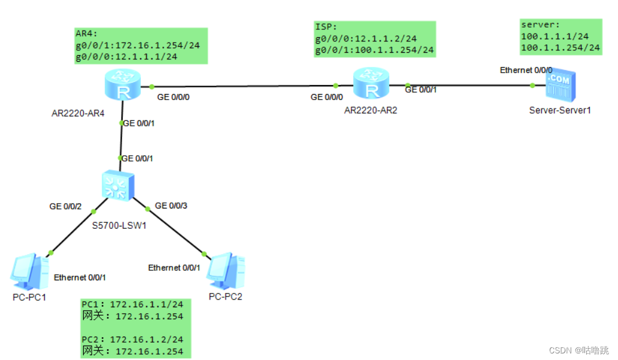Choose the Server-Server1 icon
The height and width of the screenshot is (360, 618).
point(559,86)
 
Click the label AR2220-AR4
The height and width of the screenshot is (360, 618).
point(78,114)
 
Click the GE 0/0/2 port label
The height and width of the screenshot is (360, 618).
point(66,206)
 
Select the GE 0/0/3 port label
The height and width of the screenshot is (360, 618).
point(171,205)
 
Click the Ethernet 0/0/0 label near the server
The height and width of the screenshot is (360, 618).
point(526,71)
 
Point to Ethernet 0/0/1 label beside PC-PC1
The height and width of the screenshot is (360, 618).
point(80,277)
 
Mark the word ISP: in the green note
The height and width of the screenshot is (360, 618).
point(326,27)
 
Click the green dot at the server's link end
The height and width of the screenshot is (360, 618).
point(532,85)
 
